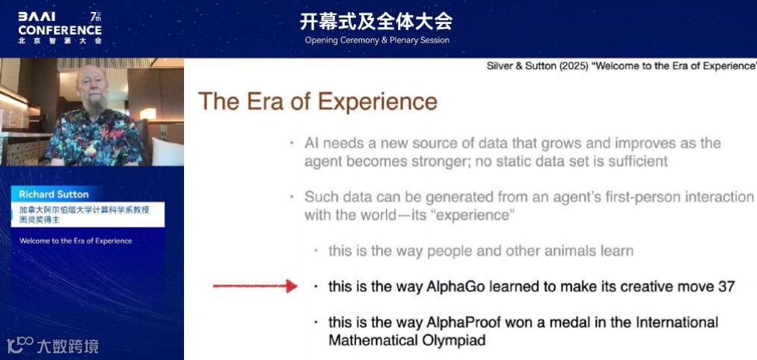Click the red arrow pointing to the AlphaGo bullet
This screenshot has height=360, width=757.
tap(255, 286)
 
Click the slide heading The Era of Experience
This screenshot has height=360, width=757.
tap(318, 102)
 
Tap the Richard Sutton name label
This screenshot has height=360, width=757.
tap(54, 195)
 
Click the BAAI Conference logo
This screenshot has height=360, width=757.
tap(60, 28)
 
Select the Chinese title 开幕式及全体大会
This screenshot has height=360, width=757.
tap(376, 22)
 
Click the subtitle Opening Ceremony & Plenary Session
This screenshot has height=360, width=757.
tap(377, 40)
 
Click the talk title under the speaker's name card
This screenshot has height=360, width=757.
tap(76, 241)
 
